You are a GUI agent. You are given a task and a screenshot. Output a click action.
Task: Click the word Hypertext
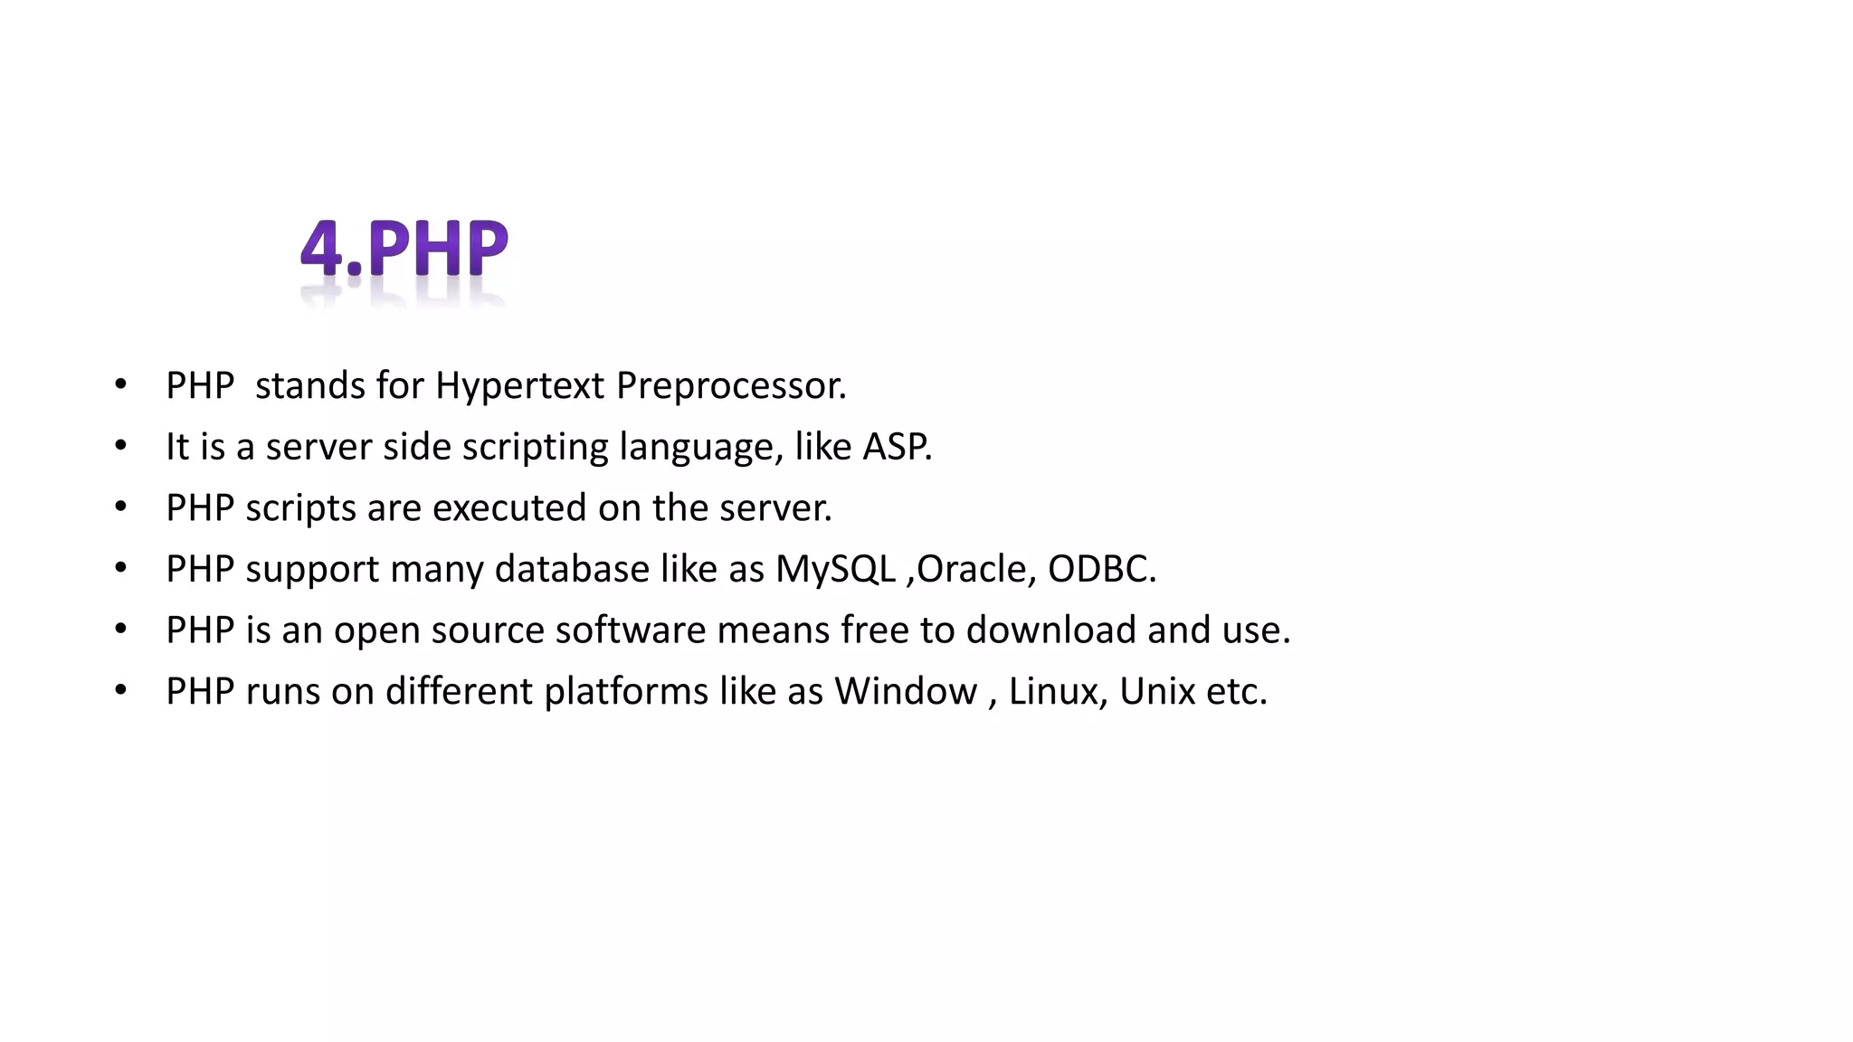(519, 386)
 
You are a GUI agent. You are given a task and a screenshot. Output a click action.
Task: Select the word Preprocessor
(730, 386)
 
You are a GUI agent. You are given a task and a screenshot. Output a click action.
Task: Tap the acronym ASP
(897, 447)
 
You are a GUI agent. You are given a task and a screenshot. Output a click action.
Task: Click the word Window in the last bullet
(906, 692)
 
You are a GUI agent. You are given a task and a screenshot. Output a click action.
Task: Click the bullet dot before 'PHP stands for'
(121, 384)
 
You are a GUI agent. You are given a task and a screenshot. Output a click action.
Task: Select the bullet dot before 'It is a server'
(121, 446)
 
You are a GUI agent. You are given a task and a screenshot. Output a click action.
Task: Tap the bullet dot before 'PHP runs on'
(121, 690)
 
